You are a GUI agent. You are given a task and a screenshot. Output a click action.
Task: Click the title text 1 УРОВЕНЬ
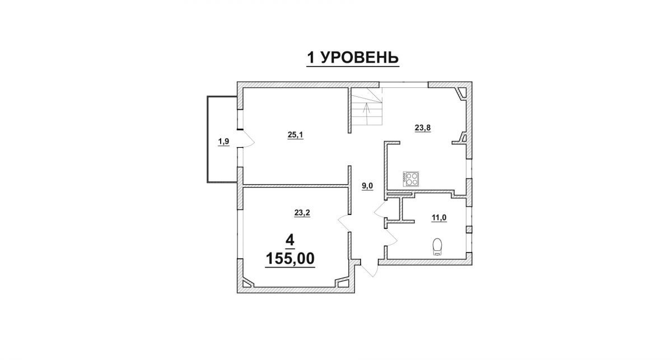pos(352,58)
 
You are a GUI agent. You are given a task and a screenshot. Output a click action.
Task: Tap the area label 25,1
pos(296,135)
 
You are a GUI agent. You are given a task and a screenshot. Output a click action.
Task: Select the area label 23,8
pos(423,128)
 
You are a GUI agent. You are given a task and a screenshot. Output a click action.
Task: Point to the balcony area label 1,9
pos(224,141)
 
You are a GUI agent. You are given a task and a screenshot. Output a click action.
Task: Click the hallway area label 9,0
pos(367,186)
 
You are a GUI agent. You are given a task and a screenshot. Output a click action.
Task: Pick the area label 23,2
pos(302,213)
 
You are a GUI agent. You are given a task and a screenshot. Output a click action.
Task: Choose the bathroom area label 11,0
pos(439,218)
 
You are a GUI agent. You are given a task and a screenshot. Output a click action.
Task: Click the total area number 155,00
pos(290,258)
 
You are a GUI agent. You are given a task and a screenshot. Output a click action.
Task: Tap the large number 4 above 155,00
pos(290,240)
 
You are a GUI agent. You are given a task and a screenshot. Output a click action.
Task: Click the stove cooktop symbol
pos(410,179)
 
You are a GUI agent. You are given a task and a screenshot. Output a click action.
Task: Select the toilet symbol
pos(438,246)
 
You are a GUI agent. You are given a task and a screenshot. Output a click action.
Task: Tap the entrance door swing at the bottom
pos(369,269)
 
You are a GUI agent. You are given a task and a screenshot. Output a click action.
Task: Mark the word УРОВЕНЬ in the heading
pos(360,58)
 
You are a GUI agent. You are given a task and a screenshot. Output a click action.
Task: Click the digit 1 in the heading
pos(311,58)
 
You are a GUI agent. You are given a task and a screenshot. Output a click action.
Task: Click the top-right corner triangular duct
pos(461,93)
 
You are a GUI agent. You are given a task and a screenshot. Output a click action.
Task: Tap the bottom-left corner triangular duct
pos(248,283)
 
